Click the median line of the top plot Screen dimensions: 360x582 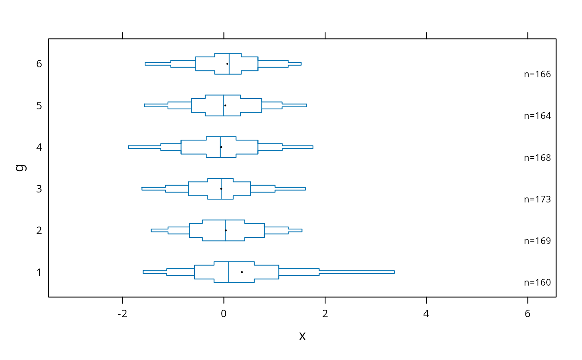tap(229, 64)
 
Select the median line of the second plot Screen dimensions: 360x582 tap(223, 105)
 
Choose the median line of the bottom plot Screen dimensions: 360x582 tap(228, 272)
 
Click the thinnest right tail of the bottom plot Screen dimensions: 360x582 tap(357, 272)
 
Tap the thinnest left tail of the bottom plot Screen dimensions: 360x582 tap(155, 272)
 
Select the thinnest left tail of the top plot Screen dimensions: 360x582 tap(158, 64)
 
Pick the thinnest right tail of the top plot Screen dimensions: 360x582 tap(295, 64)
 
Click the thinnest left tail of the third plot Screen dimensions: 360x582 tap(144, 147)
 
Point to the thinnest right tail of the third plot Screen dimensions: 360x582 tap(298, 147)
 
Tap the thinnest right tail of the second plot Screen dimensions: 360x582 tap(294, 106)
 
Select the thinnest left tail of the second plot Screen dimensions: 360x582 tap(156, 106)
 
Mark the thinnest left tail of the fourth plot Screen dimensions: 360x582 tap(154, 189)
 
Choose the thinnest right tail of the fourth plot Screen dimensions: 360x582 tap(290, 189)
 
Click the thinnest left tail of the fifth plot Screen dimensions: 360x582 tap(160, 230)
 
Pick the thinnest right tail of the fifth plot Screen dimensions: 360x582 tap(295, 230)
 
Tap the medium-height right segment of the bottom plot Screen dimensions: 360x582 tap(299, 272)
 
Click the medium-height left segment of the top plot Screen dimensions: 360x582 tap(183, 64)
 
